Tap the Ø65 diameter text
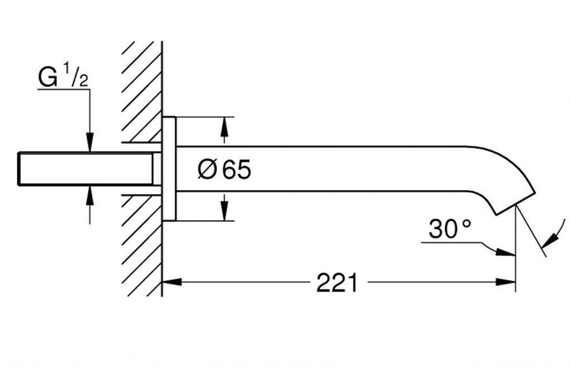[x=224, y=169]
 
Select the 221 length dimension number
[x=337, y=282]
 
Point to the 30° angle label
[x=450, y=229]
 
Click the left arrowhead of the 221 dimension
[x=171, y=281]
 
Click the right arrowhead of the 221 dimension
[x=505, y=281]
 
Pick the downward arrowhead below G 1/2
[x=90, y=142]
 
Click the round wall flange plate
[x=169, y=169]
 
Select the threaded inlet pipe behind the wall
[x=86, y=169]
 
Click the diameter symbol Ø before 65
[x=207, y=169]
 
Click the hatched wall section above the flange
[x=142, y=91]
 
